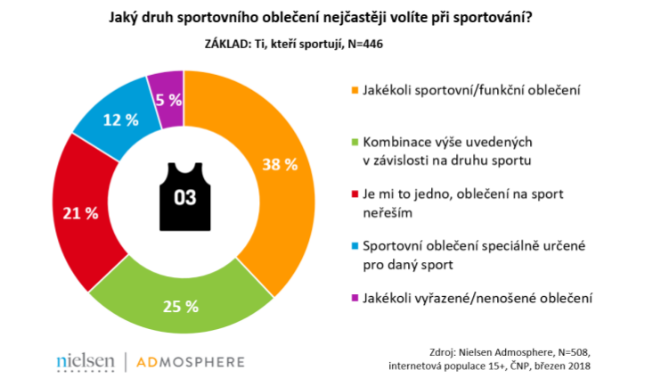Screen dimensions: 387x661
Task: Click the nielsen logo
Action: coord(85,362)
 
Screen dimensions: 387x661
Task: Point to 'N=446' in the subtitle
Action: coord(364,40)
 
